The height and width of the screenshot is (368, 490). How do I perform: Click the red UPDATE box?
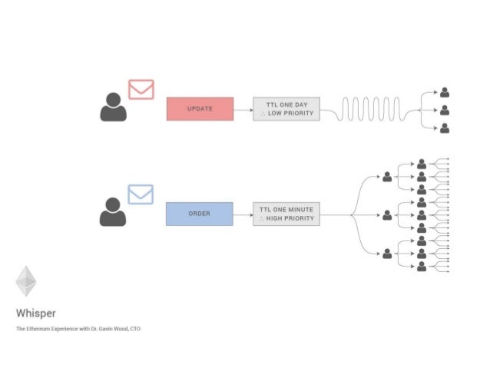click(200, 109)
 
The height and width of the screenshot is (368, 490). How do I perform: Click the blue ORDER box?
click(199, 214)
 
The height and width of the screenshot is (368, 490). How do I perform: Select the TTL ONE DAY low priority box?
click(286, 109)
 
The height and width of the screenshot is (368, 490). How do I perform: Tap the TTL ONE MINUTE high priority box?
click(286, 214)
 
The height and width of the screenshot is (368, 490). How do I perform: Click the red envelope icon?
click(141, 89)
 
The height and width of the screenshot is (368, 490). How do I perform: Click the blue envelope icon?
click(141, 194)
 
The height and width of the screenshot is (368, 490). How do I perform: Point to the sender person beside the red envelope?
click(113, 108)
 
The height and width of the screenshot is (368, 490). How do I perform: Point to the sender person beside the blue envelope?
click(113, 212)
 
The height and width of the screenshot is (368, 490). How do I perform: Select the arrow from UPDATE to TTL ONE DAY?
click(243, 109)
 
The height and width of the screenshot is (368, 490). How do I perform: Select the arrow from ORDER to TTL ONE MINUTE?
click(243, 214)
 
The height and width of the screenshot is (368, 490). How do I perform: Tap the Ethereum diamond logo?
click(26, 281)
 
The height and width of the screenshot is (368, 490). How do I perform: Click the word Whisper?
click(35, 313)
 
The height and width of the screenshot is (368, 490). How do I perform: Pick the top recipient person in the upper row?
click(445, 92)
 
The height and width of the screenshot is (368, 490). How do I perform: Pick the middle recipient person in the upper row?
click(445, 110)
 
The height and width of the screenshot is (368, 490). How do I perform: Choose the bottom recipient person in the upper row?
click(445, 128)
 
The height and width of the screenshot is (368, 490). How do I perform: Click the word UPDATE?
click(200, 109)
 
